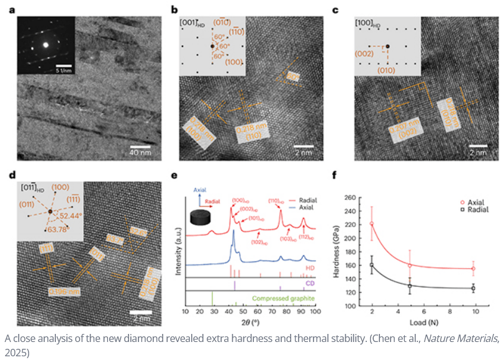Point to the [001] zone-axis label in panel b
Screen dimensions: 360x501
click(x=189, y=23)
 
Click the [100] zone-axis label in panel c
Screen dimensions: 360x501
click(x=366, y=23)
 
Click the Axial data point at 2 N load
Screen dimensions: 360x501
click(x=371, y=223)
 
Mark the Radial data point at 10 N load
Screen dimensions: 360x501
click(x=473, y=288)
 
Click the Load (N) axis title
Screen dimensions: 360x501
click(x=422, y=324)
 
